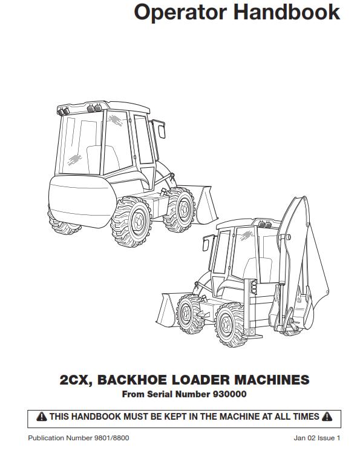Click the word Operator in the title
180,12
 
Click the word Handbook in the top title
287,12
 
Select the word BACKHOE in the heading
132,380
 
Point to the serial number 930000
229,394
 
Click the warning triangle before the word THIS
42,417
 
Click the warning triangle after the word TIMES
327,417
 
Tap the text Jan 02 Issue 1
317,438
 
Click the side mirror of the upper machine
160,129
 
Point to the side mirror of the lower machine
206,243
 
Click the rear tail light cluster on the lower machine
254,287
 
